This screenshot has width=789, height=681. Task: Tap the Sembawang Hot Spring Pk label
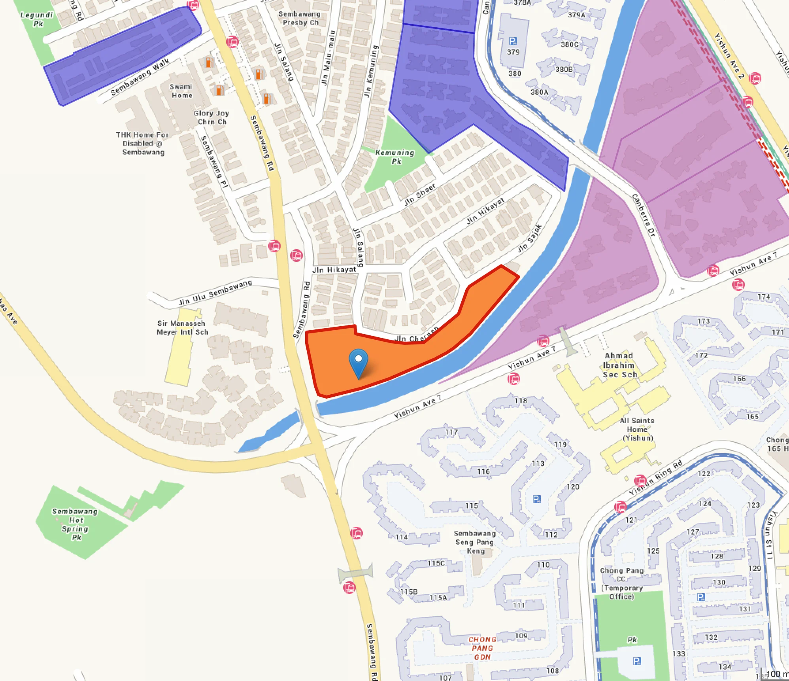(76, 524)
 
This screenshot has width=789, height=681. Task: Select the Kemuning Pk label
(395, 157)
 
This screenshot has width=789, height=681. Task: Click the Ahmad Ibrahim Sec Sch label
(619, 365)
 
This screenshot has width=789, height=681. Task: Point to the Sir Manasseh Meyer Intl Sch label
(182, 327)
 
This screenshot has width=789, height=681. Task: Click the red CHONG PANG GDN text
(482, 648)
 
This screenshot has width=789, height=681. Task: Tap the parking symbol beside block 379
(513, 41)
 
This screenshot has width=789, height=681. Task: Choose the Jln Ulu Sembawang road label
(215, 293)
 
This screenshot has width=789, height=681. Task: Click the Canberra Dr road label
(644, 215)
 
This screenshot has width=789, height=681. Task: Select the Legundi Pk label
(37, 19)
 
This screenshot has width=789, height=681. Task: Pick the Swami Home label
(181, 91)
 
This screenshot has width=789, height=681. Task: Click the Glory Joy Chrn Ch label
(211, 117)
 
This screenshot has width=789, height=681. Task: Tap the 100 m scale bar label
(776, 674)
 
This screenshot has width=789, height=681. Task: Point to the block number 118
(521, 401)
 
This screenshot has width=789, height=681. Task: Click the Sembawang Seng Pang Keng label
(475, 542)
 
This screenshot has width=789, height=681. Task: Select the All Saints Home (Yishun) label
(637, 429)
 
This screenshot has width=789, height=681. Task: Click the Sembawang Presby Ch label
(300, 18)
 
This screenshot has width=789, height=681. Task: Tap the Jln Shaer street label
(420, 195)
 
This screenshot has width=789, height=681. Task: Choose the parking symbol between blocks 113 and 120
(536, 499)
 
